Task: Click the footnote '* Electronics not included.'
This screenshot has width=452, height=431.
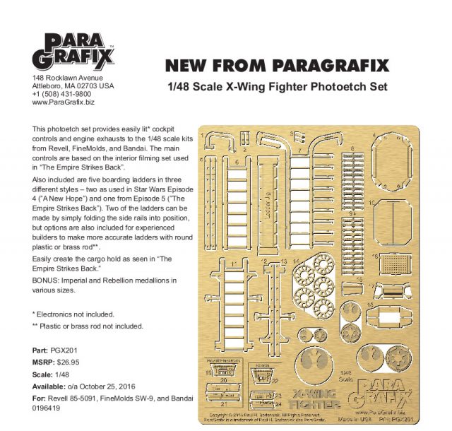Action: [x=73, y=313]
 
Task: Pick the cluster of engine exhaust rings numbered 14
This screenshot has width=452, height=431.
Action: [x=319, y=282]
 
